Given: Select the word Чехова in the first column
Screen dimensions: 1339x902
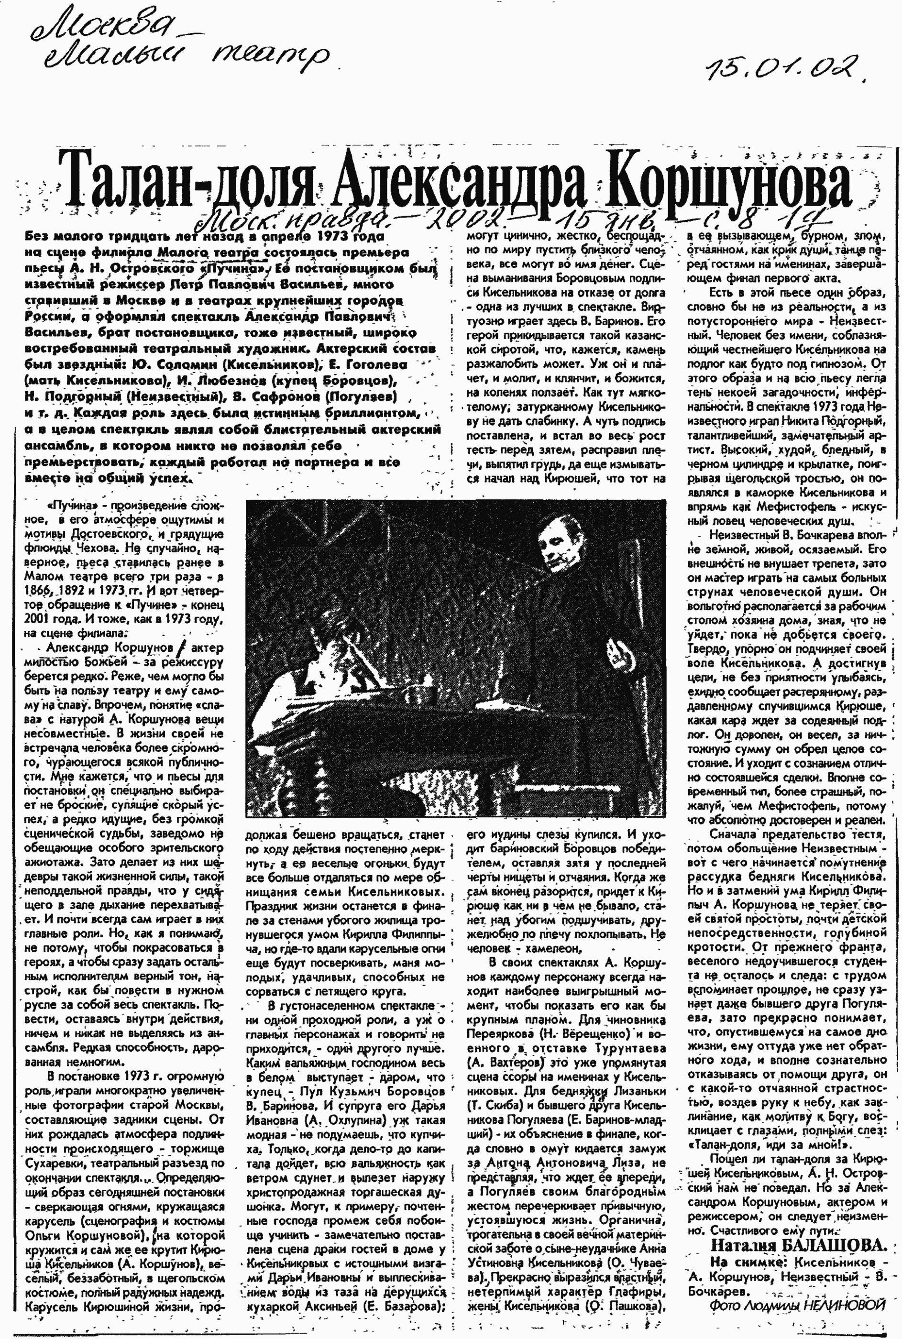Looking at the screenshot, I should click(91, 548).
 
